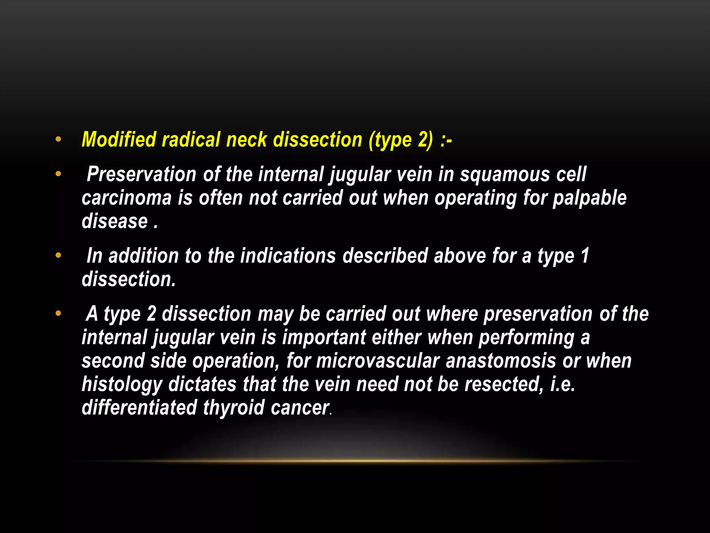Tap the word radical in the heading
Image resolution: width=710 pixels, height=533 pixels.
pos(191,140)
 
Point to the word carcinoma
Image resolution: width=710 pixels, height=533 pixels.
pos(127,198)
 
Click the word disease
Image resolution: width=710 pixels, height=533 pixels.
pos(115,221)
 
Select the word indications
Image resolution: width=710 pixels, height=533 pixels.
pos(288,256)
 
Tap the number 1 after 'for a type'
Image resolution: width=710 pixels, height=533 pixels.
pos(585,256)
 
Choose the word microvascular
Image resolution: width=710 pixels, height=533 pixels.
pos(378,361)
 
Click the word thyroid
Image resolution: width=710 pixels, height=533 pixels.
pos(234,408)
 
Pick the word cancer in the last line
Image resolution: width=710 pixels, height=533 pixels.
pos(300,408)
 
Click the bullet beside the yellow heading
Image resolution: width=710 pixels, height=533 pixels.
pos(58,139)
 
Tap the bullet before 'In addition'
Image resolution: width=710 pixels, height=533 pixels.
pos(58,256)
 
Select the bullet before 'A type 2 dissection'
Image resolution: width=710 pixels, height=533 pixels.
pos(58,314)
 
